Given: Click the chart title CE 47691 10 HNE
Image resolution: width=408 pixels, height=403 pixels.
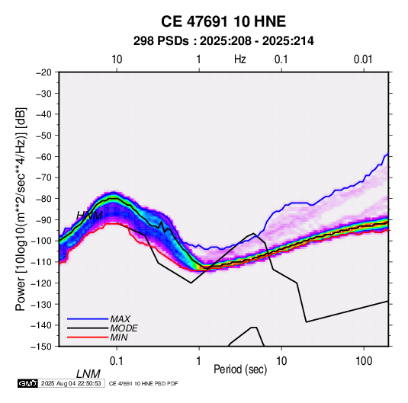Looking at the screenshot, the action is click(x=223, y=21).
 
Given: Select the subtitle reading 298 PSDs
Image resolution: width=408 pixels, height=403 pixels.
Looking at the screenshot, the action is click(x=161, y=41).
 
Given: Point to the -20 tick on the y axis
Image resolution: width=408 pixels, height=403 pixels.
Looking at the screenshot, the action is click(x=43, y=72).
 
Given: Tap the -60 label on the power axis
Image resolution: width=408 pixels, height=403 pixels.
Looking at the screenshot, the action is click(x=43, y=156).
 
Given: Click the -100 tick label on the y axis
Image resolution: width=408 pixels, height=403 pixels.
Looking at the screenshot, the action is click(x=42, y=241).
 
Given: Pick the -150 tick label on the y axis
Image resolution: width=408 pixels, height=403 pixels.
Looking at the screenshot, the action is click(x=42, y=347).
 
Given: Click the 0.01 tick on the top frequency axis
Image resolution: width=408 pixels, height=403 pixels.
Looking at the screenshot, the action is click(x=363, y=59).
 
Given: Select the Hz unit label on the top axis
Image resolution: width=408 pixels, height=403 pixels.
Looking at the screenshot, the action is click(x=240, y=59).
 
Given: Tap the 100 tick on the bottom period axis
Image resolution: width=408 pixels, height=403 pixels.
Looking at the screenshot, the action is click(x=364, y=361).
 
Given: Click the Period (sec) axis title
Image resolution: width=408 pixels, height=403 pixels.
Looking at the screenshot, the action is click(x=240, y=369).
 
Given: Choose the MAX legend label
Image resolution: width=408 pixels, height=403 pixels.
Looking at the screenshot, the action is click(x=120, y=319).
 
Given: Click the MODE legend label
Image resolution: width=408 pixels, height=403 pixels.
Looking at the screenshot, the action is click(x=124, y=328).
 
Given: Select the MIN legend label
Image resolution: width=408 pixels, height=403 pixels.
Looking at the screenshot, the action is click(x=119, y=337).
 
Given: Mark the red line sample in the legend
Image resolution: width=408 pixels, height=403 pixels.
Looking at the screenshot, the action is click(x=88, y=337).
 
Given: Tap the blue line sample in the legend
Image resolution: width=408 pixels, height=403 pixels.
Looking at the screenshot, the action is click(x=88, y=318).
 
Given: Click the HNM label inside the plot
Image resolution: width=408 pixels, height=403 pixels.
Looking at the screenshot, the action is click(x=89, y=216).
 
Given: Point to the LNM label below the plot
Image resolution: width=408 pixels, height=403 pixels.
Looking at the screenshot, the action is click(x=88, y=374).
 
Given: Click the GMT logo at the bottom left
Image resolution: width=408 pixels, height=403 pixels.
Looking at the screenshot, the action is click(x=28, y=383).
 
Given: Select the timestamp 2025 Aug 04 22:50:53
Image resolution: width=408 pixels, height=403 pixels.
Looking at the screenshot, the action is click(x=71, y=383).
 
